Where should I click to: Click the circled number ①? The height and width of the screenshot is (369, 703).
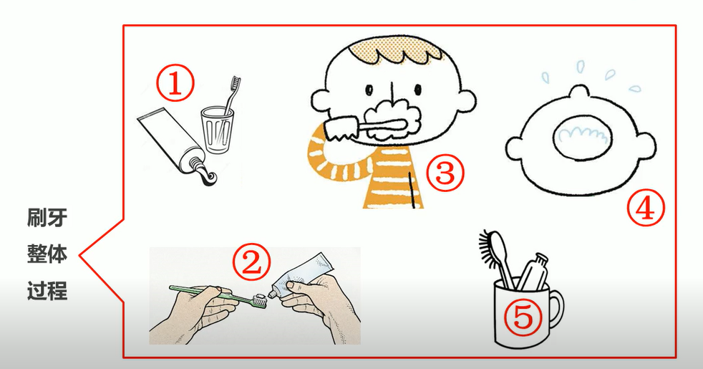[x=175, y=84]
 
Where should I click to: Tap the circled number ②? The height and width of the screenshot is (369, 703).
[x=251, y=262]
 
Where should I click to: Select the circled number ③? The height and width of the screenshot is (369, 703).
[x=445, y=173]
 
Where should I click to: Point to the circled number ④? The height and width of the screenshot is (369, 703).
[x=646, y=208]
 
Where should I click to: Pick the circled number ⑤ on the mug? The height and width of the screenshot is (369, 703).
[x=523, y=317]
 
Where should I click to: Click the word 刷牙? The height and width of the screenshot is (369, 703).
[x=47, y=218]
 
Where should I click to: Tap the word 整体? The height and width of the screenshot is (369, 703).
[x=47, y=254]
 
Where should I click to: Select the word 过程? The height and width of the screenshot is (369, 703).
[x=47, y=290]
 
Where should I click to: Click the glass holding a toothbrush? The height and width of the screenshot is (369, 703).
[x=217, y=130]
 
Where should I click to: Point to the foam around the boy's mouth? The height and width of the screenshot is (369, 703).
[x=394, y=119]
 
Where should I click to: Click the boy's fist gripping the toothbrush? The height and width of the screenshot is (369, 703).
[x=340, y=128]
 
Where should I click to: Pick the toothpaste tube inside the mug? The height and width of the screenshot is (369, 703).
[x=533, y=272]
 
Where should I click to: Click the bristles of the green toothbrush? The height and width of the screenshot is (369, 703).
[x=260, y=299]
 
